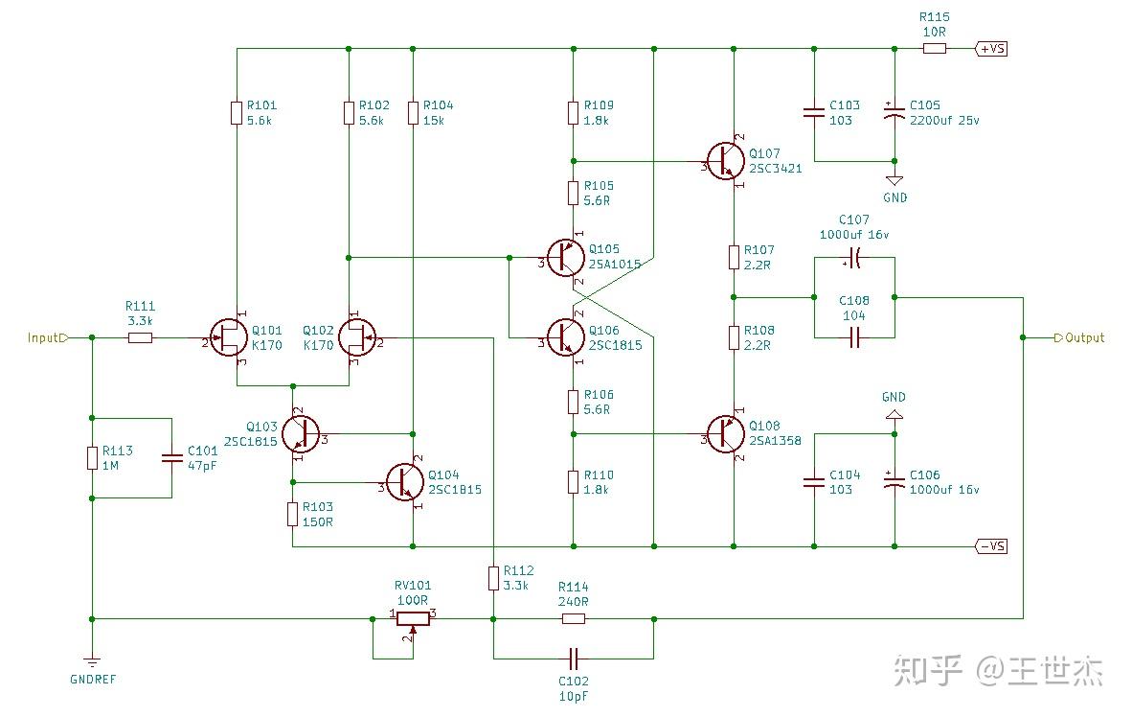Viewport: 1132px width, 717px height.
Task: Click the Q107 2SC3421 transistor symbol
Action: coord(724,161)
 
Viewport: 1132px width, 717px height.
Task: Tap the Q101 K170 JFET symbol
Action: coord(228,337)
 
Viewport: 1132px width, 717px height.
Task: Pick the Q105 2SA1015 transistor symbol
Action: coord(565,258)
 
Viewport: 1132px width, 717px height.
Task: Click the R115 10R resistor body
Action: coord(934,48)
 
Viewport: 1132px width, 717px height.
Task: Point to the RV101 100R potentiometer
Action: coord(412,618)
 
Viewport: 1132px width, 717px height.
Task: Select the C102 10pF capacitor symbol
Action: coord(573,659)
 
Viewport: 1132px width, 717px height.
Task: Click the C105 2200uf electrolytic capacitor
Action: coord(894,113)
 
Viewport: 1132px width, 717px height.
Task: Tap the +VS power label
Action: coord(991,48)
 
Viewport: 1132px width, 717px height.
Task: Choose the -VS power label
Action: coord(991,546)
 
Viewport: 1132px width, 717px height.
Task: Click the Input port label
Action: coord(46,337)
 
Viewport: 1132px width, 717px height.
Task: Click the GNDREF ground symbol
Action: coord(92,661)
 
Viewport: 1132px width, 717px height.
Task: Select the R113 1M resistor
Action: coord(92,457)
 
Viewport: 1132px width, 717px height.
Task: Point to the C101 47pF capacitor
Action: coord(172,457)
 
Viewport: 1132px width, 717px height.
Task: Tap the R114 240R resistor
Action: coord(573,618)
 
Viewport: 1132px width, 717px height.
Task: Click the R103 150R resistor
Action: coord(292,514)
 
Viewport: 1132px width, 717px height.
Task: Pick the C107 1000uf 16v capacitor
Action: coord(853,258)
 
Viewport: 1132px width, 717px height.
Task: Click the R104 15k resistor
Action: coord(413,113)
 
